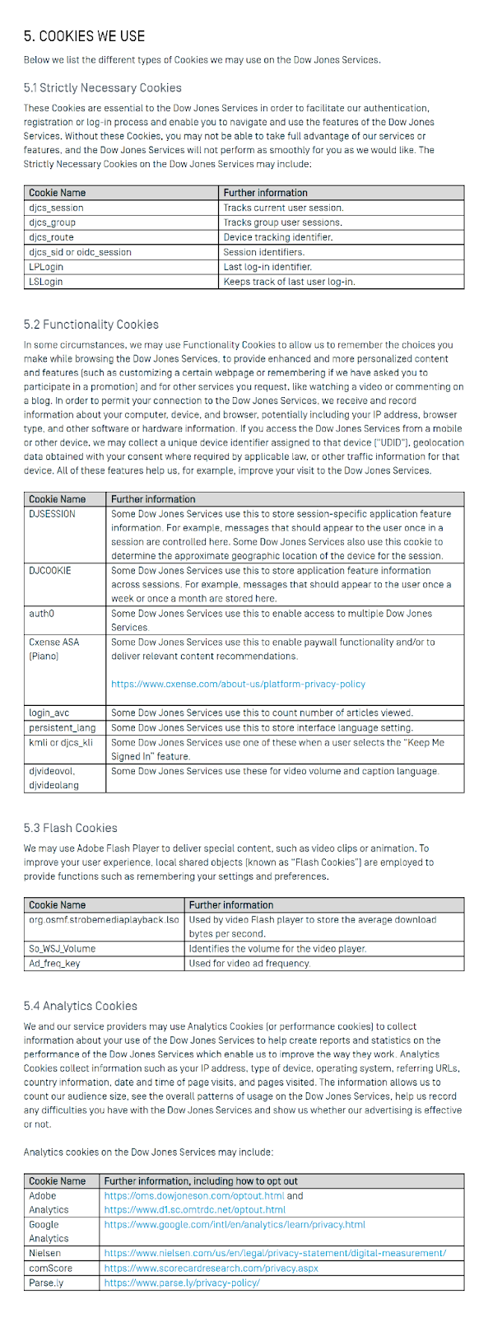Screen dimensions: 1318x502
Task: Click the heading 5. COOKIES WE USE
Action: tap(84, 36)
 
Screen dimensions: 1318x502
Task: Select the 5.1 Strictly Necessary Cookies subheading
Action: tap(103, 87)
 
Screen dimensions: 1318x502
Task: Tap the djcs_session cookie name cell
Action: tap(56, 208)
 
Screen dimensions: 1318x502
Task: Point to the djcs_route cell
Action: tap(51, 237)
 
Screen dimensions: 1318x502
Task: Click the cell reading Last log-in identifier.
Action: tap(267, 267)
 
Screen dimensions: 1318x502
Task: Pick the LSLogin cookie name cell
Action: tap(46, 282)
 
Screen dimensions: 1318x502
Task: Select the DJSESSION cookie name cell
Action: tap(52, 514)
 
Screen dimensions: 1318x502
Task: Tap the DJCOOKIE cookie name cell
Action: tap(50, 571)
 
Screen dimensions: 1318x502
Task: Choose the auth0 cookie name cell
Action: tap(41, 614)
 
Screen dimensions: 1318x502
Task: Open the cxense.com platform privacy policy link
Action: tap(238, 685)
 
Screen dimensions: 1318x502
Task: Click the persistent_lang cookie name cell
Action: tap(63, 727)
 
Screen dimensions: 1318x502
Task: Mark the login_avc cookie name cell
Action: tap(49, 713)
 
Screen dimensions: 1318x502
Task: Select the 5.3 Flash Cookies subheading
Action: tap(71, 828)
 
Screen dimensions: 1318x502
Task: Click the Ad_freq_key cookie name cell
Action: tap(54, 963)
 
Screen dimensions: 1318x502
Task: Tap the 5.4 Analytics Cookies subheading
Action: tap(81, 1006)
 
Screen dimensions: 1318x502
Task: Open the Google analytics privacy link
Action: tap(235, 1224)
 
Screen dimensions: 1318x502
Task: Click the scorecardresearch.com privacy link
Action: tap(211, 1268)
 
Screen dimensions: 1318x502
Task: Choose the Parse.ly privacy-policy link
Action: tap(182, 1283)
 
